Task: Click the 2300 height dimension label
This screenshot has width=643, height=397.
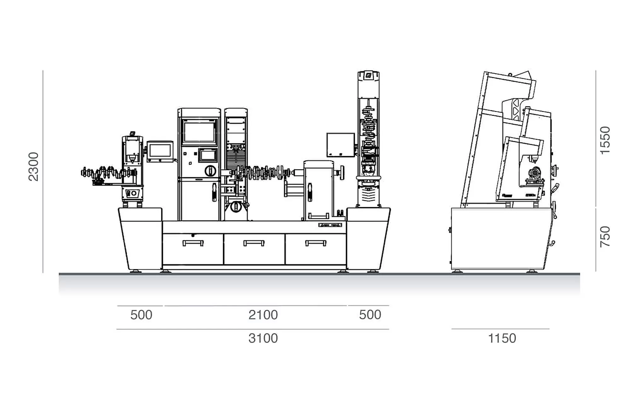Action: tap(33, 167)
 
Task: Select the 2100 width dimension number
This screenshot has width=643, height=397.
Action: tap(263, 315)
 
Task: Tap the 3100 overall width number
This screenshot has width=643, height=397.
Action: tap(263, 338)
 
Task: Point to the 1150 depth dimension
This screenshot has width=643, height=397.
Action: tap(502, 338)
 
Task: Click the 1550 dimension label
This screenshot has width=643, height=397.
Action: tap(605, 140)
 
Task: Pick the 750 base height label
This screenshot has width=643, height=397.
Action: tap(605, 237)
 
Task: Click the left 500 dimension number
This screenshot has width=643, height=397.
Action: tap(141, 315)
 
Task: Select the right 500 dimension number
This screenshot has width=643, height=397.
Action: tap(370, 315)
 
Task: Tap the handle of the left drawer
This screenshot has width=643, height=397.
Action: tap(193, 243)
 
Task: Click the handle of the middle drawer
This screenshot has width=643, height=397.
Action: tap(254, 243)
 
